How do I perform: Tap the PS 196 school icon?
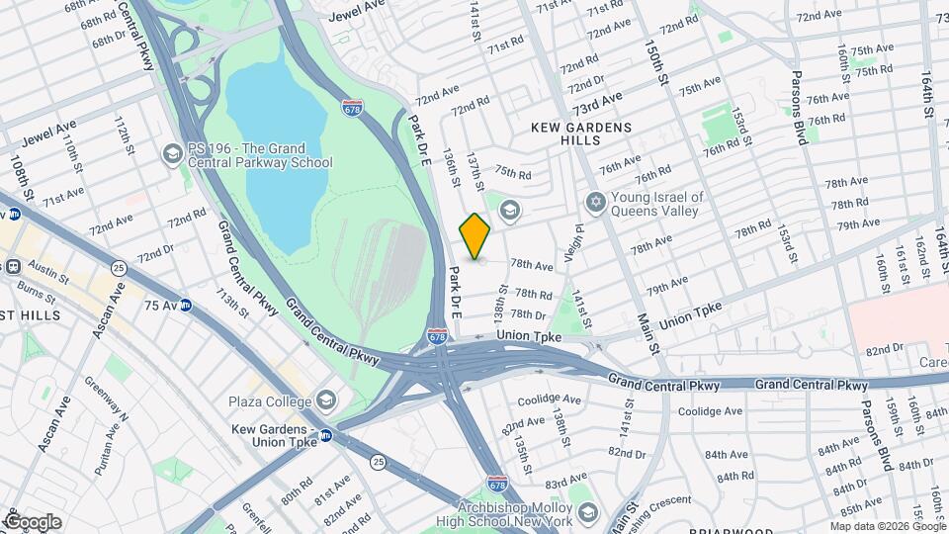pyautogui.click(x=173, y=153)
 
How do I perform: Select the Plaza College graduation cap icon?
pyautogui.click(x=326, y=400)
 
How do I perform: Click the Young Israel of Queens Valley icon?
pyautogui.click(x=594, y=203)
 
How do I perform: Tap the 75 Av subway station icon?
pyautogui.click(x=186, y=306)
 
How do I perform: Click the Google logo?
pyautogui.click(x=33, y=521)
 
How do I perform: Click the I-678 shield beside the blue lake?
pyautogui.click(x=351, y=107)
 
